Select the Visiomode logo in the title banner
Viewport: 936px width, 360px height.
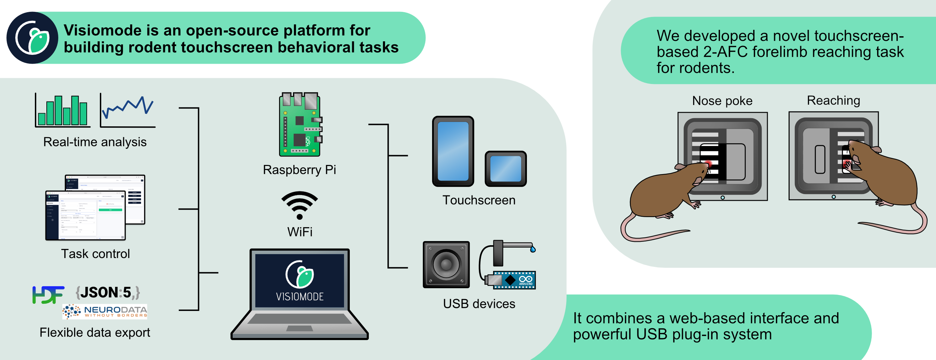[x=32, y=38]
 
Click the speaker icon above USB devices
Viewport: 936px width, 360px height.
[x=446, y=264]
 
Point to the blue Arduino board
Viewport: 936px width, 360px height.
[x=514, y=280]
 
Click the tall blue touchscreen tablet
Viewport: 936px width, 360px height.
[x=453, y=151]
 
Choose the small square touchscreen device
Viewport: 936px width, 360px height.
[x=506, y=169]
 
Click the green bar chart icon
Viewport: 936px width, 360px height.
[x=63, y=111]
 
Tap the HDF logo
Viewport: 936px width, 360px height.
[x=48, y=294]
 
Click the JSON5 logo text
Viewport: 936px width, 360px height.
[x=108, y=292]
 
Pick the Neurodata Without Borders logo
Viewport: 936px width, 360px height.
[x=105, y=312]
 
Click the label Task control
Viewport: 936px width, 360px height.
[x=95, y=254]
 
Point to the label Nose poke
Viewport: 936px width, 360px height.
[x=722, y=101]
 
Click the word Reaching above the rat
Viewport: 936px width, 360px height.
[x=833, y=100]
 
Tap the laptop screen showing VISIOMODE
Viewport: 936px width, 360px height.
[x=299, y=280]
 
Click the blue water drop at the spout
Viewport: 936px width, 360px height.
[x=533, y=249]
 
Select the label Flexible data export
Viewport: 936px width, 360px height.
[x=95, y=332]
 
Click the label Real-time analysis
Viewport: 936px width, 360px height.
[x=95, y=142]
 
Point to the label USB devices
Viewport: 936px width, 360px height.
[x=479, y=304]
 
